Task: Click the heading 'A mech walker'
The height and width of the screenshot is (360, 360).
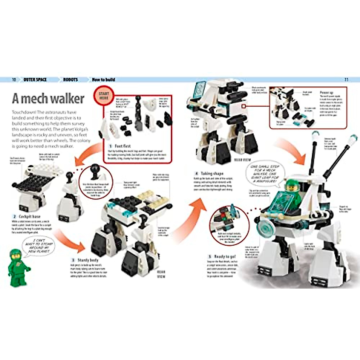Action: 48,98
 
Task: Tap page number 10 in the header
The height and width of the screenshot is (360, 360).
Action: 14,79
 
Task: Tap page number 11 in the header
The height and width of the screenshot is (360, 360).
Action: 346,79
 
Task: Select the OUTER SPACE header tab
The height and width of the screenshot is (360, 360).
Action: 35,79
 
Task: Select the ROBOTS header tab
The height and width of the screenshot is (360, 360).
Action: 70,79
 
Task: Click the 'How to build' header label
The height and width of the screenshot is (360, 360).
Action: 103,79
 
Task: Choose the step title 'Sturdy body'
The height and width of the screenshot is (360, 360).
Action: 88,260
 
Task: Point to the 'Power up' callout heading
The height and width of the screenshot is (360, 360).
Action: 326,93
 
